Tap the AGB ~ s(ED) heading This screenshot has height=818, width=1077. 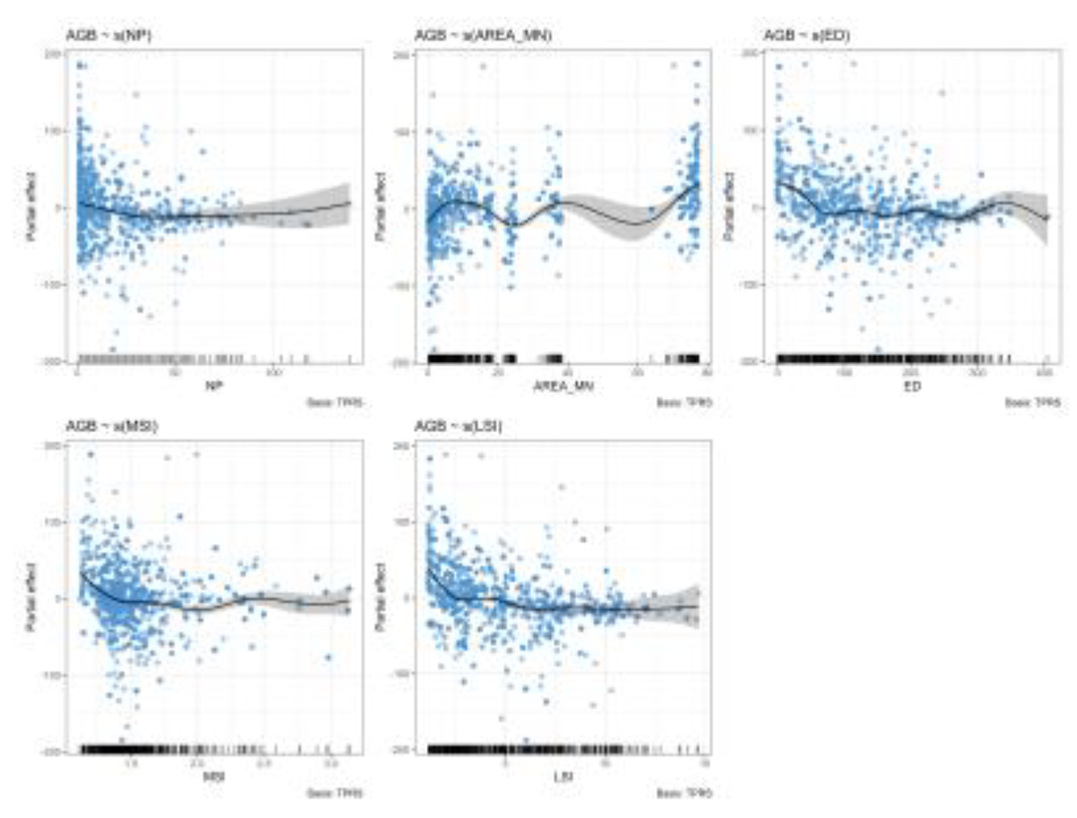[799, 36]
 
